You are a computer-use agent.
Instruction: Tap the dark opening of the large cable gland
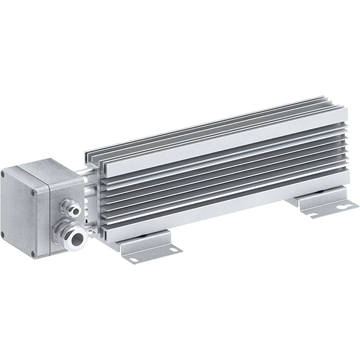pos(76,238)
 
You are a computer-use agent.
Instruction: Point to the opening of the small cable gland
pos(75,209)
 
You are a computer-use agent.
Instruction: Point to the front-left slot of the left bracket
pos(131,260)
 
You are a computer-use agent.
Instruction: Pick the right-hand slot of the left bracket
pos(170,247)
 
